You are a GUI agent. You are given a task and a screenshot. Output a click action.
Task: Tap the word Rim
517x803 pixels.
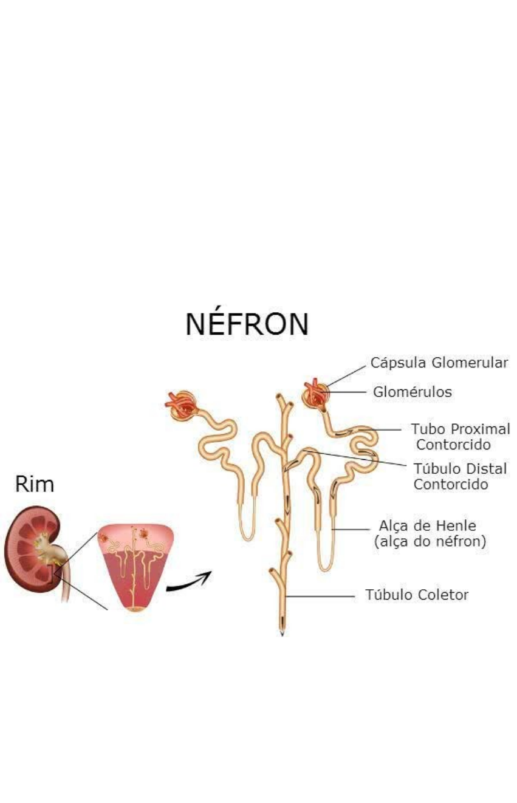35,485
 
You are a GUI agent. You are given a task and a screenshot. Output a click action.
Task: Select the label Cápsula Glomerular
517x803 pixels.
439,363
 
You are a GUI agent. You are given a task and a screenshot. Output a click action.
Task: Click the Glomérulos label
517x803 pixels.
413,392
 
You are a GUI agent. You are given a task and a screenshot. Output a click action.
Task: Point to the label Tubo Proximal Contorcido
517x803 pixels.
459,436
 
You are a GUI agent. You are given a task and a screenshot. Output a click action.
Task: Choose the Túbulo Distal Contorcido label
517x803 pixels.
460,477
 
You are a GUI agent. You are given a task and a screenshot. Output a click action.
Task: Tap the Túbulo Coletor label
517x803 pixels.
417,595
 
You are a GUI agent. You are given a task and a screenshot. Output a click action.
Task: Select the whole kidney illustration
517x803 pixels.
33,547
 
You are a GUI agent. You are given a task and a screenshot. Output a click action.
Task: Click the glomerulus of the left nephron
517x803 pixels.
180,403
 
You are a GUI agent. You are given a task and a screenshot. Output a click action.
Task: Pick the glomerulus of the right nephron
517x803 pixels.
317,395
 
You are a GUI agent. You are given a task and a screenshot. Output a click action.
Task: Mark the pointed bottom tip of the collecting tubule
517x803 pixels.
282,633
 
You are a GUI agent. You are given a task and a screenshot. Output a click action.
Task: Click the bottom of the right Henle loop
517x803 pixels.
326,567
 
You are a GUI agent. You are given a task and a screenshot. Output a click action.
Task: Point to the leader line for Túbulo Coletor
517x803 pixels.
322,596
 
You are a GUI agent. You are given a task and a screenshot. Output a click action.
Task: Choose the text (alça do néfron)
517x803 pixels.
431,541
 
